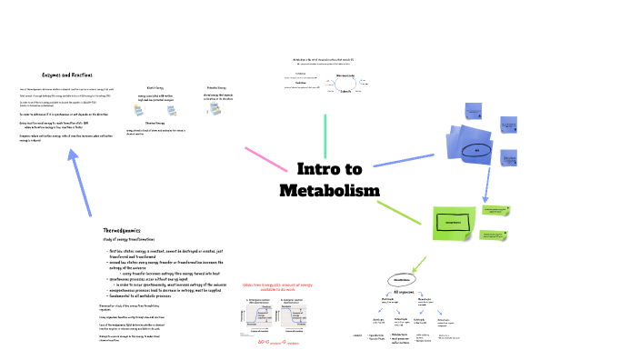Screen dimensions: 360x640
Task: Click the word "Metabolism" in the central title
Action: click(x=329, y=191)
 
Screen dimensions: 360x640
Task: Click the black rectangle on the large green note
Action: click(x=454, y=222)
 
